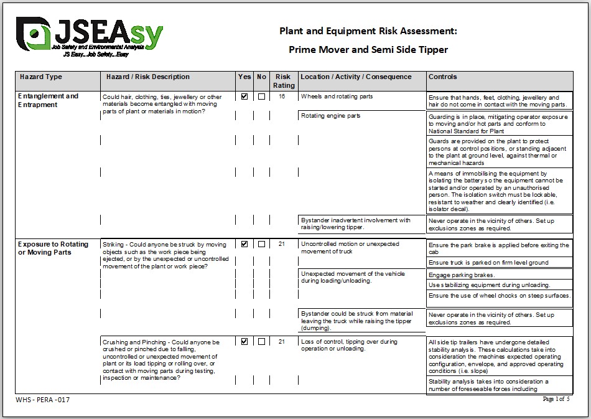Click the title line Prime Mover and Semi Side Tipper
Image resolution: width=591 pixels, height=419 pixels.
click(x=368, y=49)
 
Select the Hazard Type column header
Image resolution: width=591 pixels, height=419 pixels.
click(x=41, y=77)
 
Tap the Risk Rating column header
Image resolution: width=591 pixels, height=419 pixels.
click(x=284, y=81)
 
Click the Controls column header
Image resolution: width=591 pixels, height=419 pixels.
click(x=443, y=77)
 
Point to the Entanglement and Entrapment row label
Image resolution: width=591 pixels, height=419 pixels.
click(x=48, y=100)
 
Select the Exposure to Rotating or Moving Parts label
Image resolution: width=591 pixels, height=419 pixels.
click(x=53, y=248)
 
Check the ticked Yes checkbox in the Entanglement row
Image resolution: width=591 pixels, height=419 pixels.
click(x=244, y=97)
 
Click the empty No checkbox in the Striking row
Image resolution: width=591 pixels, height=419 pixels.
click(x=261, y=244)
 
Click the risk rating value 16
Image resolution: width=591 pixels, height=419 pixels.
click(x=282, y=97)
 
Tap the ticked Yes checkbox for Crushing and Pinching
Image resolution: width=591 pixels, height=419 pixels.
click(x=244, y=341)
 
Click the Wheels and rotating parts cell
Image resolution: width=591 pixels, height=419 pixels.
click(x=337, y=97)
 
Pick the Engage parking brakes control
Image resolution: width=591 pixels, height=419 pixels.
click(x=462, y=275)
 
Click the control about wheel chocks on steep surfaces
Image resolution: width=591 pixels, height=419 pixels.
click(x=499, y=296)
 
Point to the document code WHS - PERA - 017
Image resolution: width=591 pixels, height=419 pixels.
click(x=42, y=400)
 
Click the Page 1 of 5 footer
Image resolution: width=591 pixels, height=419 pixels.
click(x=556, y=399)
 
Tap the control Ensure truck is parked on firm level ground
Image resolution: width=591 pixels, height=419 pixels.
click(x=488, y=263)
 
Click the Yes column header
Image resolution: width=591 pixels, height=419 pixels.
click(x=244, y=77)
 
